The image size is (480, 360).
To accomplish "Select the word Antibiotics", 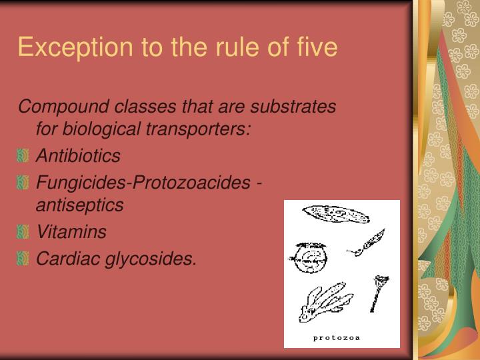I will pyautogui.click(x=78, y=156).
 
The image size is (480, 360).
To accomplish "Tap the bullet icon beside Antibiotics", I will pyautogui.click(x=23, y=157).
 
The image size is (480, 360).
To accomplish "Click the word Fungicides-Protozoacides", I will pyautogui.click(x=144, y=181).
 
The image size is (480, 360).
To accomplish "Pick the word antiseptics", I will pyautogui.click(x=79, y=205).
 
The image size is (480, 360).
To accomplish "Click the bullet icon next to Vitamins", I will pyautogui.click(x=23, y=233).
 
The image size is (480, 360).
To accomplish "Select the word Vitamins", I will pyautogui.click(x=71, y=232).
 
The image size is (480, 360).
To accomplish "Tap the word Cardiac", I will pyautogui.click(x=62, y=258).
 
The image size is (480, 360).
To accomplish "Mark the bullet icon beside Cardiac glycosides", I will pyautogui.click(x=23, y=259).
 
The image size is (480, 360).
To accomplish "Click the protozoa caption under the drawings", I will pyautogui.click(x=337, y=337).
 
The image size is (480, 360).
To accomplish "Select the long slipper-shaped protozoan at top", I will pyautogui.click(x=335, y=214).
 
